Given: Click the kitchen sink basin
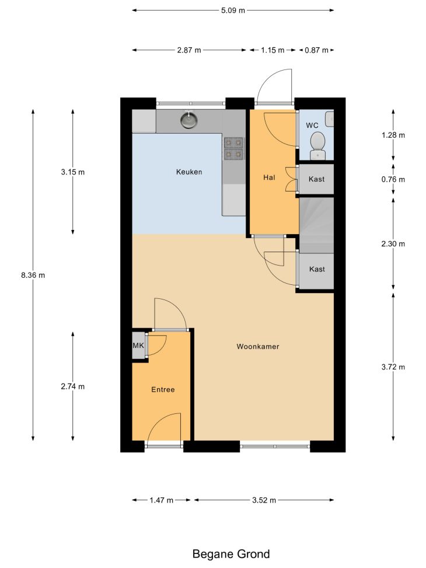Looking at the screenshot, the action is click(x=188, y=120).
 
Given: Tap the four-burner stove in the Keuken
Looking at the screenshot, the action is click(x=233, y=148).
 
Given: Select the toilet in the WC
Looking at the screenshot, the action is click(x=317, y=145).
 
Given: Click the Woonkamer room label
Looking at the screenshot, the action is click(x=258, y=347).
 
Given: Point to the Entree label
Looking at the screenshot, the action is click(x=163, y=390).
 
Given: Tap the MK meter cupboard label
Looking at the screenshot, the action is click(x=138, y=346).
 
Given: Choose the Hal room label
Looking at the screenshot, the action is click(x=269, y=177).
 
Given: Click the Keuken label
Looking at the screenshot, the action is click(x=189, y=172).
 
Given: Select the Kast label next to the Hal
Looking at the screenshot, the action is click(x=317, y=179).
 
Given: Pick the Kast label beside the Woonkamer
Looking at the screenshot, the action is click(x=317, y=269).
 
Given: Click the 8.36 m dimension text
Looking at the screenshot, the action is click(x=33, y=276).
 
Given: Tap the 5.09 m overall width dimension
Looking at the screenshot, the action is click(x=233, y=11).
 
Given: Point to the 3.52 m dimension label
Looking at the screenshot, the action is click(x=264, y=500).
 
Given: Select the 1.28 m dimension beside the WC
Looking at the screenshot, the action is click(x=393, y=135).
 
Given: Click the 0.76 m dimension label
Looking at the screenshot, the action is click(x=393, y=180).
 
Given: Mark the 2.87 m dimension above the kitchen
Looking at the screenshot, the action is click(x=189, y=50).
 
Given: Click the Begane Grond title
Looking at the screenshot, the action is click(x=231, y=554).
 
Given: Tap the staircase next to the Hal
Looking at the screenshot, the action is click(x=316, y=225).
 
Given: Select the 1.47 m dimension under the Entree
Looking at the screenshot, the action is click(x=162, y=500).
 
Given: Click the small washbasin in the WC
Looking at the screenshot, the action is click(x=329, y=119).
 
